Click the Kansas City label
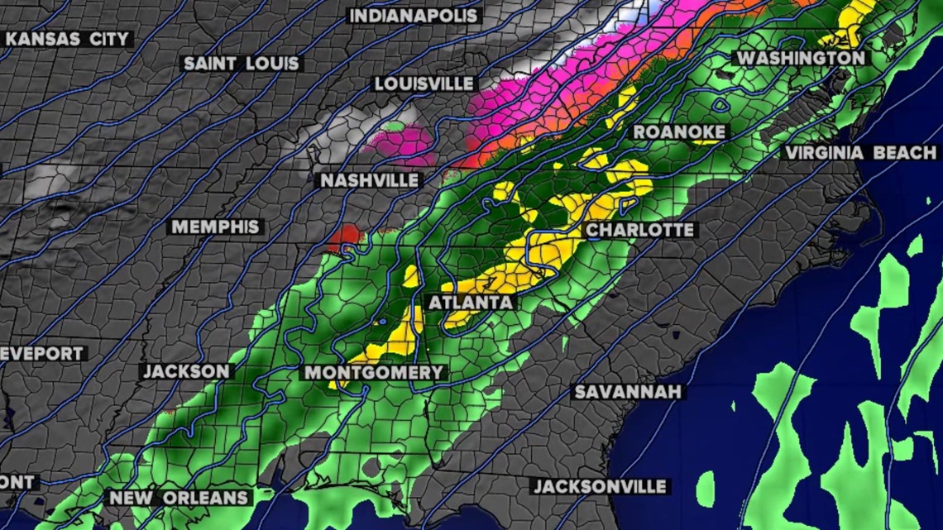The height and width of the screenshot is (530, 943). click(68, 39)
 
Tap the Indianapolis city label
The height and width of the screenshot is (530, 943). click(414, 16)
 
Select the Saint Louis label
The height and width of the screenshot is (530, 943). click(242, 63)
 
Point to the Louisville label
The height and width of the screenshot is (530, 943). click(424, 84)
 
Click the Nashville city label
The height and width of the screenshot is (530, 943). click(371, 180)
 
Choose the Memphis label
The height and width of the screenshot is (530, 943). click(216, 227)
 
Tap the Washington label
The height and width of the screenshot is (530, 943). click(800, 58)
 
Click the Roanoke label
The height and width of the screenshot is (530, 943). click(679, 132)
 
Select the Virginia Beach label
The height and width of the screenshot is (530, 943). click(860, 153)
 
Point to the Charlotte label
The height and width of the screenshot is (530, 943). click(639, 230)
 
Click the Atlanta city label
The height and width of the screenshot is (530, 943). click(471, 303)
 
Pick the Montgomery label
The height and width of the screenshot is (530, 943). click(375, 373)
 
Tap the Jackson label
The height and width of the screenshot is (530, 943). click(187, 371)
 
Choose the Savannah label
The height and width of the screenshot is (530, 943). click(629, 391)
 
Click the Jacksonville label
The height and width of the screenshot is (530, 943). click(600, 486)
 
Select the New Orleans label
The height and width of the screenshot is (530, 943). click(180, 498)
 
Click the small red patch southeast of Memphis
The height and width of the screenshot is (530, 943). click(345, 236)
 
